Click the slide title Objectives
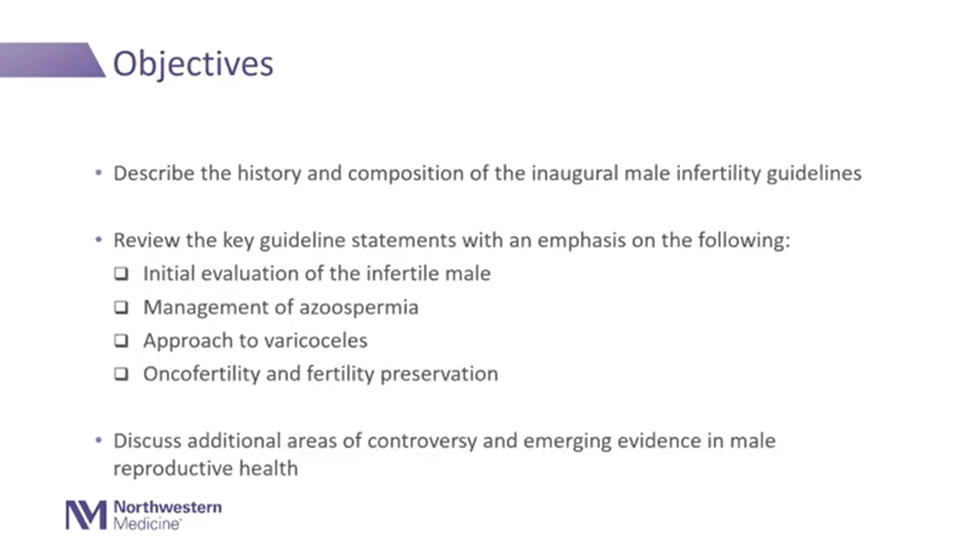pos(193,64)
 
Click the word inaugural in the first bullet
pos(574,173)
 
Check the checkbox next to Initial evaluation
pos(121,274)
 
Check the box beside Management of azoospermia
pos(121,307)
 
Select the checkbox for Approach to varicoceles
pos(121,341)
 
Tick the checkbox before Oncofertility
pos(121,374)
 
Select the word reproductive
pos(172,469)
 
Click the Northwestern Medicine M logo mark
pos(86,515)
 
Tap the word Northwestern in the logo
pos(167,507)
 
